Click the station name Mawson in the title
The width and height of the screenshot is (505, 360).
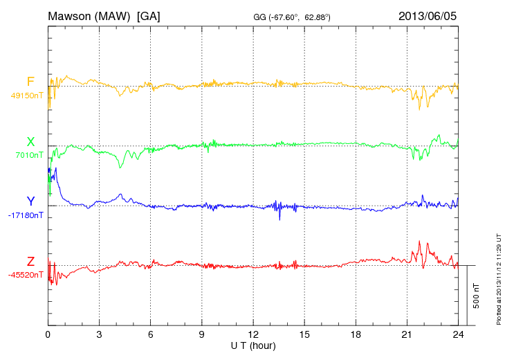click(71, 15)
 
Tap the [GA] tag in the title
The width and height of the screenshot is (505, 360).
click(149, 15)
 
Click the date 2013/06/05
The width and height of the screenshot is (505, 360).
click(428, 15)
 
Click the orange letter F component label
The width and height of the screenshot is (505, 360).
click(30, 82)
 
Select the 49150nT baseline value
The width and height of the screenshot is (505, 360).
click(27, 96)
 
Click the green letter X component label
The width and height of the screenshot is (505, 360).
click(30, 142)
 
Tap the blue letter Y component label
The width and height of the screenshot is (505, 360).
click(30, 201)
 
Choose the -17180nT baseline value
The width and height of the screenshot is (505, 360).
click(26, 215)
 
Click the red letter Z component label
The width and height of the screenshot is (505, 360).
click(30, 261)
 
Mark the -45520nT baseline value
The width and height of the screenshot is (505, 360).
click(26, 274)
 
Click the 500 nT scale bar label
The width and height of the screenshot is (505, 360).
click(477, 296)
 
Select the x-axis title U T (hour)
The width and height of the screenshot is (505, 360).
click(253, 345)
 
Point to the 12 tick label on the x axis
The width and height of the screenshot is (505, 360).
click(253, 334)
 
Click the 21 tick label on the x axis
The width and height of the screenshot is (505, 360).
click(407, 334)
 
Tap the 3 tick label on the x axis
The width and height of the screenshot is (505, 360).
click(100, 334)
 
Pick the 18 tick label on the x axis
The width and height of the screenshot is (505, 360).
click(356, 334)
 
